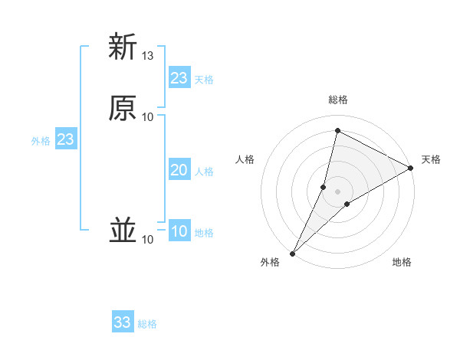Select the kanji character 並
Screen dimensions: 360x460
click(123, 231)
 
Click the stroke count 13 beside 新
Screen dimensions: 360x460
click(148, 56)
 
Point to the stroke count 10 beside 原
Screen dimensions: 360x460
click(148, 116)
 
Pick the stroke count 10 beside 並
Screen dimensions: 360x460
click(148, 241)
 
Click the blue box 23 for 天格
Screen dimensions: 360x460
click(179, 78)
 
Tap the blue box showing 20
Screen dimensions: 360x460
click(179, 170)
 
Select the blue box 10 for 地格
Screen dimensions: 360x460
click(179, 231)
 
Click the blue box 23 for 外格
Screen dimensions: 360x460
click(65, 139)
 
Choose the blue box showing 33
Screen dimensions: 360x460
click(123, 322)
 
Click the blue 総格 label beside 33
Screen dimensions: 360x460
click(147, 324)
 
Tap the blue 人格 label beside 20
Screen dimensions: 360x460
click(205, 172)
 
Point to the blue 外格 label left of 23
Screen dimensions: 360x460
click(41, 141)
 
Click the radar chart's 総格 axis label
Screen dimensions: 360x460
click(338, 100)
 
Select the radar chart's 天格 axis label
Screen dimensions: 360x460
click(431, 159)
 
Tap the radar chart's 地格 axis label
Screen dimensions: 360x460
click(402, 263)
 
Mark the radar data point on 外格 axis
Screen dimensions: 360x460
click(292, 254)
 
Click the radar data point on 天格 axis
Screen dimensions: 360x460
click(412, 168)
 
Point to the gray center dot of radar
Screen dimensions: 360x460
click(338, 191)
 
